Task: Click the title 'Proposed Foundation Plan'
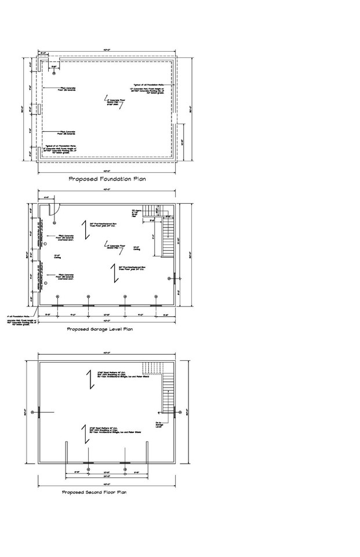(107, 179)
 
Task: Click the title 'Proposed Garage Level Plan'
(100, 329)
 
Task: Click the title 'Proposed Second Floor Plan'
(94, 492)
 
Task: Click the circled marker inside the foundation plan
(53, 67)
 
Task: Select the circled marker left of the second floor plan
(34, 413)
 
